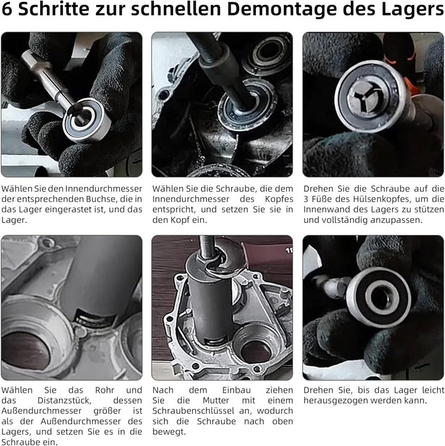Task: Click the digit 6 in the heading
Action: tap(7, 9)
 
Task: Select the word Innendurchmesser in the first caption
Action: tap(104, 188)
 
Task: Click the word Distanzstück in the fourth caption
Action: tap(64, 400)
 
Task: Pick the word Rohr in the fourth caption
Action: tap(104, 390)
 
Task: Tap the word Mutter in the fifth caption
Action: tap(216, 400)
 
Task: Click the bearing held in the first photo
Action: tap(87, 120)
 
